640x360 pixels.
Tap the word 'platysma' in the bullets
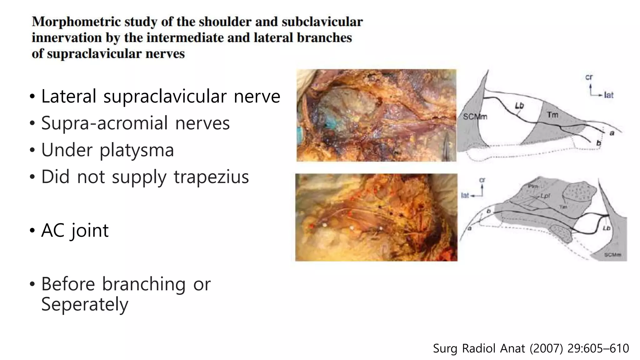pos(137,150)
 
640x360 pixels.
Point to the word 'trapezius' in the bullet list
pos(211,177)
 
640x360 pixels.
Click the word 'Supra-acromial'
pos(105,123)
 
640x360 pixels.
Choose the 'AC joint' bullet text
pos(75,231)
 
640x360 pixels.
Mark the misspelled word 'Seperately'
pos(85,304)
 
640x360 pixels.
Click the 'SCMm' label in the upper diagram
pos(475,117)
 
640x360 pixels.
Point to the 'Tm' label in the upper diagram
pos(552,115)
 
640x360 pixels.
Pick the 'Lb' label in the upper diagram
pos(519,106)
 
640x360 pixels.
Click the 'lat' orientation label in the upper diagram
pos(609,95)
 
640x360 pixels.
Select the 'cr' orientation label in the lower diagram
pos(482,180)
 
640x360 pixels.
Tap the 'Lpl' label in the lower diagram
pos(545,196)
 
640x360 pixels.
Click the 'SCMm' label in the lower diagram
pos(612,255)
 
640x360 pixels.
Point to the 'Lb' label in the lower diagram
pos(606,228)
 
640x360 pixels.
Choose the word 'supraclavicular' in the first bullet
pos(165,96)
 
